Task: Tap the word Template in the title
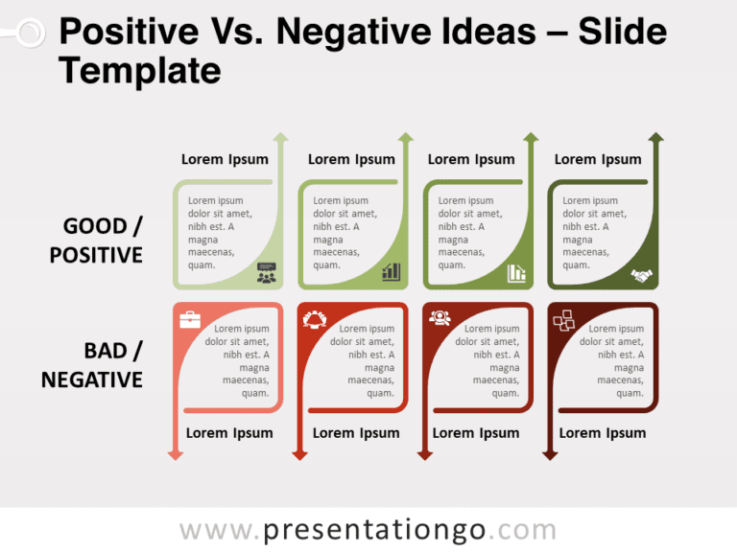[x=140, y=70]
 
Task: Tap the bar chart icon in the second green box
[x=391, y=273]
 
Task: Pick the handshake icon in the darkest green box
[x=641, y=275]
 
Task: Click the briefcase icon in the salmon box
[x=190, y=319]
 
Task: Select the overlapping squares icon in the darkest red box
[x=563, y=320]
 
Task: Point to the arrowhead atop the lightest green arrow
[x=280, y=138]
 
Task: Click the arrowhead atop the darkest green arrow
[x=655, y=138]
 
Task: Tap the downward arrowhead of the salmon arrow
[x=175, y=454]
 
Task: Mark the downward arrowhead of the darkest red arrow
[x=550, y=454]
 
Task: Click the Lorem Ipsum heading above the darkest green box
[x=598, y=159]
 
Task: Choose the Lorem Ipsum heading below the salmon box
[x=229, y=433]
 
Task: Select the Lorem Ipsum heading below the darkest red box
[x=603, y=433]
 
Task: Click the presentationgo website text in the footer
[x=368, y=530]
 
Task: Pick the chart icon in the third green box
[x=516, y=273]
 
